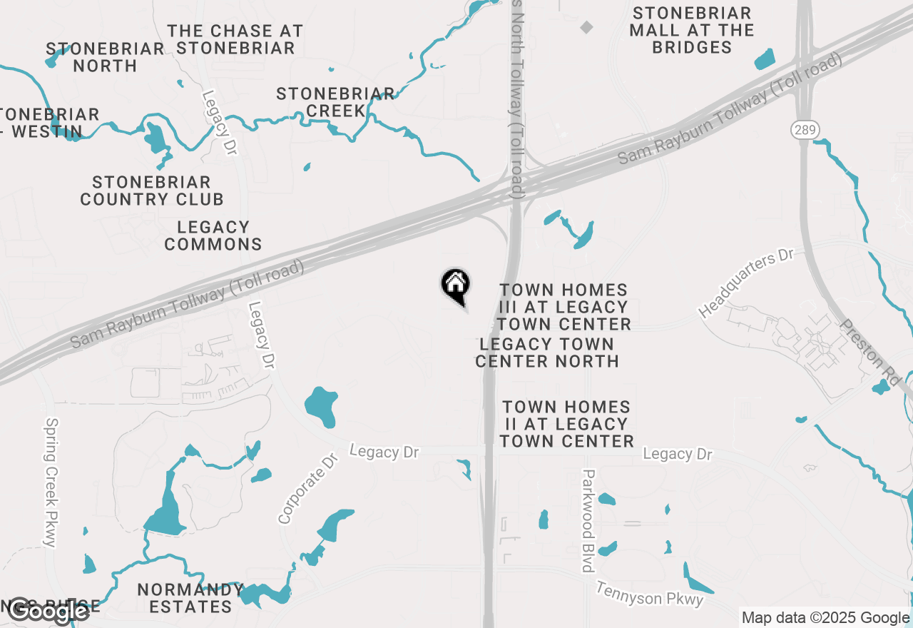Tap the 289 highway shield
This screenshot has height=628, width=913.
(x=804, y=130)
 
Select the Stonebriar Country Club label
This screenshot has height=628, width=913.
(x=152, y=191)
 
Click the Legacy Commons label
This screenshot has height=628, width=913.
(x=213, y=235)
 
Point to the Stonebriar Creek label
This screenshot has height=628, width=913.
(x=335, y=102)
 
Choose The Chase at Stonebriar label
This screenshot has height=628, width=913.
(x=235, y=39)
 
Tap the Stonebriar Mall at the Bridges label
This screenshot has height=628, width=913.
(x=692, y=31)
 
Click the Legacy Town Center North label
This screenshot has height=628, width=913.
(x=547, y=353)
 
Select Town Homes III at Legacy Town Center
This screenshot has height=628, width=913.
(x=564, y=307)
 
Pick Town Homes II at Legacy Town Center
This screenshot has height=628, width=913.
(x=567, y=424)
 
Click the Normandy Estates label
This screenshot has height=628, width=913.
(x=190, y=598)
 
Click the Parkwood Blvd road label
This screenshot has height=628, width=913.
(x=588, y=520)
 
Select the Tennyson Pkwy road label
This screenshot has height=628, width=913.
(x=650, y=594)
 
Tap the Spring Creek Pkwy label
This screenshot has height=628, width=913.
(x=51, y=482)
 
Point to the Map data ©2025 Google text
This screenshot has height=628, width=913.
(x=825, y=618)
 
